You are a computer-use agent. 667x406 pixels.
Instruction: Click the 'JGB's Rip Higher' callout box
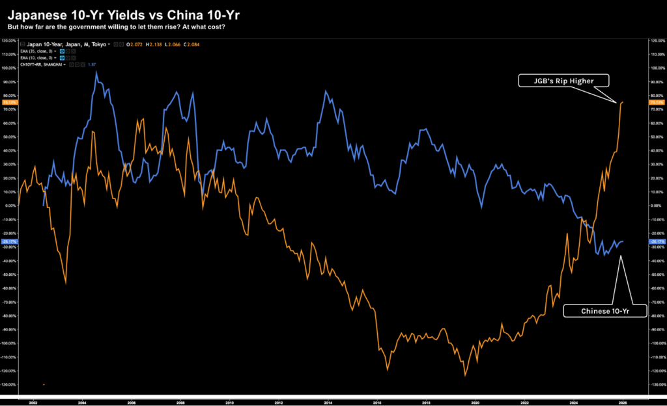point(564,81)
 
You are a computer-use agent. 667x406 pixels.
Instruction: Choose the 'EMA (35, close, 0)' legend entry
point(38,51)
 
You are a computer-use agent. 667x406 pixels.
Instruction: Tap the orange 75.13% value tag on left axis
point(9,102)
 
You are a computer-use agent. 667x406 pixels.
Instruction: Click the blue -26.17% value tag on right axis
point(657,242)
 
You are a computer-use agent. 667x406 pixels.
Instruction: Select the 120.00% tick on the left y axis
point(9,40)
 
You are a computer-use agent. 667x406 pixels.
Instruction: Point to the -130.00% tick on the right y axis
point(657,385)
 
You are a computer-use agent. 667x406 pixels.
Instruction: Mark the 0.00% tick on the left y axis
point(9,206)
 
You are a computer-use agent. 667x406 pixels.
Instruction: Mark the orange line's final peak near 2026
point(623,101)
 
